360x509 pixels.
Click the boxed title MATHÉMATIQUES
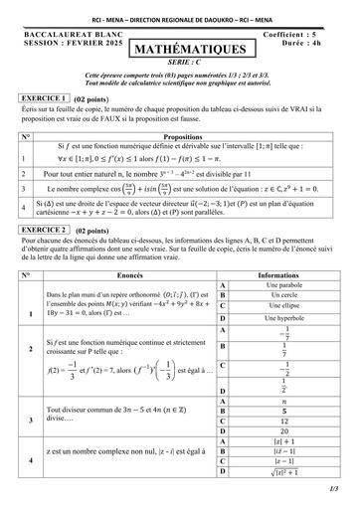pyautogui.click(x=181, y=48)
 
